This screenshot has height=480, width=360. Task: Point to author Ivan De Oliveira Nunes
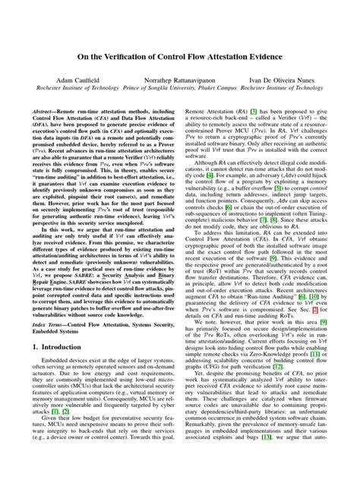click(279, 79)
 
